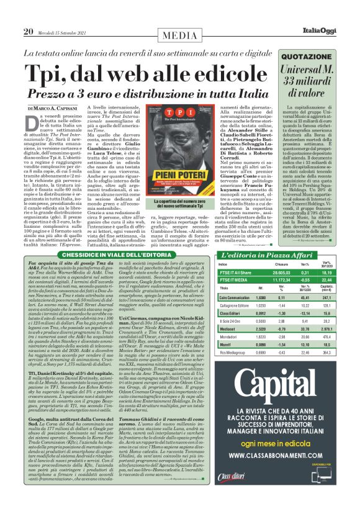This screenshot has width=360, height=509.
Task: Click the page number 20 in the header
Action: [29, 32]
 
